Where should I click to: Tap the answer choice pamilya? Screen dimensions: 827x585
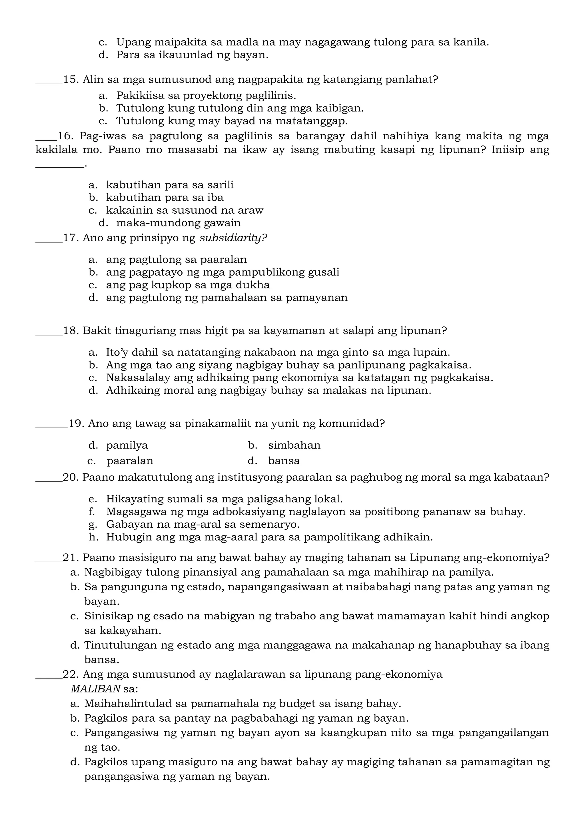pyautogui.click(x=127, y=445)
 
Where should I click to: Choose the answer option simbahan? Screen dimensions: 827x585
pyautogui.click(x=294, y=445)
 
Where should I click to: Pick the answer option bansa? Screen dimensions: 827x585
pyautogui.click(x=284, y=461)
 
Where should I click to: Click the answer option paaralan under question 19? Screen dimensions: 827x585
pyautogui.click(x=130, y=461)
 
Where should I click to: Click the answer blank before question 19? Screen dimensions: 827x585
pyautogui.click(x=51, y=427)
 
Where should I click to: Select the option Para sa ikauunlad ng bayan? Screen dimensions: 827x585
pyautogui.click(x=192, y=55)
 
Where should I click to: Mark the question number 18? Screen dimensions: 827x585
pyautogui.click(x=71, y=331)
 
